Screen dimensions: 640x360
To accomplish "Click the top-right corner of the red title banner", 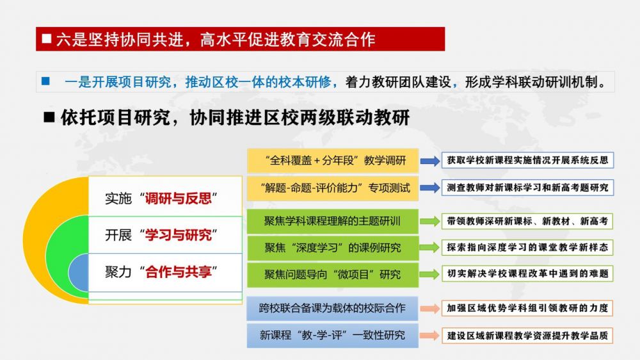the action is (445, 28).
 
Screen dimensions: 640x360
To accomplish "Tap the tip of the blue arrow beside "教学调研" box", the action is (440, 161).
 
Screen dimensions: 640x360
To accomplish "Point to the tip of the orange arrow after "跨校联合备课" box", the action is (440, 309).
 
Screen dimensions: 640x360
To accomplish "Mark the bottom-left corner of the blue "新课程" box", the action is (247, 347).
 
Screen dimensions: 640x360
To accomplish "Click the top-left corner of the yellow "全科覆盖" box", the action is (247, 149).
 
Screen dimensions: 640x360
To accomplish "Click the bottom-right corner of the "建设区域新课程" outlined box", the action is (613, 343).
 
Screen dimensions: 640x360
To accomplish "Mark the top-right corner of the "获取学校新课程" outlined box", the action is (613, 152).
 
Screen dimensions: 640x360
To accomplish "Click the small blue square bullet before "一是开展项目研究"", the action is (45, 81).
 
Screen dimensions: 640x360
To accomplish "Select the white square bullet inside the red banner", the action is (47, 39).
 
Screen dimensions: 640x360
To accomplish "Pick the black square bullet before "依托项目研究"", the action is (49, 117).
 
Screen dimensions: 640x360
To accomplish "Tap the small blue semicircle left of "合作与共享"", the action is (78, 272).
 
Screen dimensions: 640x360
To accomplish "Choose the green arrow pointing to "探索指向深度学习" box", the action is (430, 248).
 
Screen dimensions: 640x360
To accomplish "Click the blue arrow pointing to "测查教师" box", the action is (430, 188).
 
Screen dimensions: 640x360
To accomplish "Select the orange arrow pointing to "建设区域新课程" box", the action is (430, 336).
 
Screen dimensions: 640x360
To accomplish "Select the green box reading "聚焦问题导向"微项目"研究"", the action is (333, 275).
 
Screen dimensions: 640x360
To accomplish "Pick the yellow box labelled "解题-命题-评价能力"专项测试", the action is (333, 188).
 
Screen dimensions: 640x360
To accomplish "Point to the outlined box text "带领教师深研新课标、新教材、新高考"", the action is (527, 222).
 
